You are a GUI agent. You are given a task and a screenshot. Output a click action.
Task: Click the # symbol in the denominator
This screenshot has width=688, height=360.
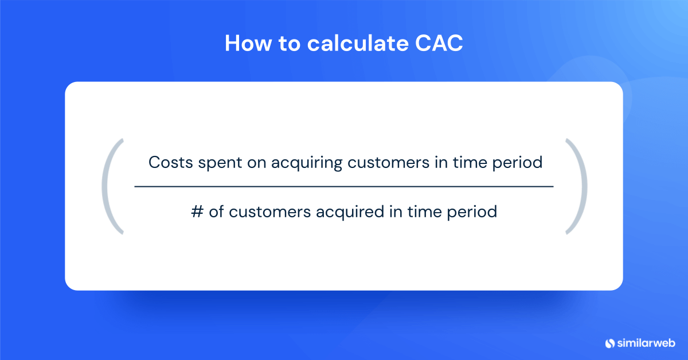pyautogui.click(x=197, y=212)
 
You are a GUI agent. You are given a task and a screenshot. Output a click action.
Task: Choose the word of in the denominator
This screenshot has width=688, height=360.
pyautogui.click(x=216, y=212)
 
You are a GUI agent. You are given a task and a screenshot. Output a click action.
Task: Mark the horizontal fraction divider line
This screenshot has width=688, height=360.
pyautogui.click(x=344, y=187)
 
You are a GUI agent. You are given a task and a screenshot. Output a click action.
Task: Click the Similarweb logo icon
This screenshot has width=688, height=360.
pyautogui.click(x=609, y=343)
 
